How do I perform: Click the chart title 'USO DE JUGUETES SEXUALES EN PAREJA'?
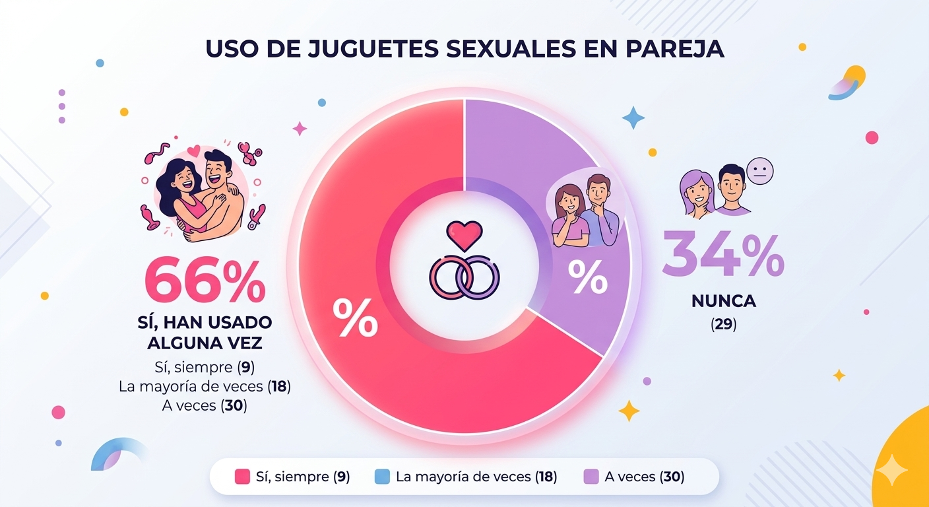464,50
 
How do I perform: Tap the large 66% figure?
205,281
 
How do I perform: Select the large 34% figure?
723,255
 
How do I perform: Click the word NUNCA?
724,302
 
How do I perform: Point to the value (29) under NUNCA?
724,325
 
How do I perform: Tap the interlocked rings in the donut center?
464,277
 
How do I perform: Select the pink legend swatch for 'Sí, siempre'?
242,477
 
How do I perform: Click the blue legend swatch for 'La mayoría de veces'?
382,477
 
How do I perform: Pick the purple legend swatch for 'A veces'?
592,477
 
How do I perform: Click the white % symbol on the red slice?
355,318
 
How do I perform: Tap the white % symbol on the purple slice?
588,278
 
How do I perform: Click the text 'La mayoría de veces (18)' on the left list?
205,387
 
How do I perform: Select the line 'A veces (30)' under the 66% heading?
205,406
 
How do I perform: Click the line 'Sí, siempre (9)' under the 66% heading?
205,367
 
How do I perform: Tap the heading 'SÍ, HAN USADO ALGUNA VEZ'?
205,333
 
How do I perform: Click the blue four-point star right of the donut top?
633,118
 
